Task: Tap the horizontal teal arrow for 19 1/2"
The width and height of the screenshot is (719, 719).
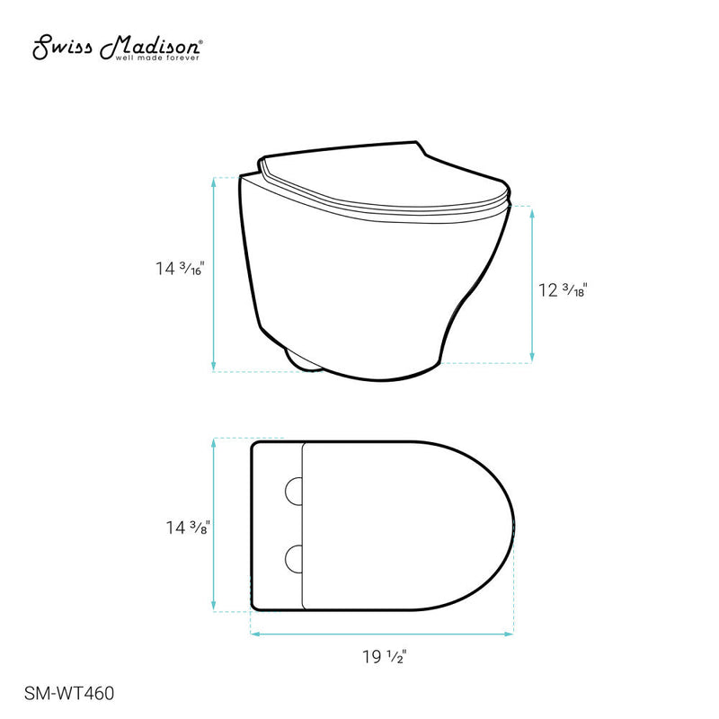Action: coord(381,634)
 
